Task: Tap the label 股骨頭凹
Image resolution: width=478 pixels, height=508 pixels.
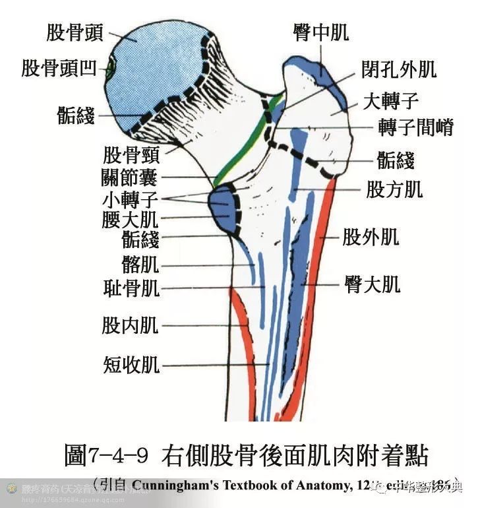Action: pos(59,68)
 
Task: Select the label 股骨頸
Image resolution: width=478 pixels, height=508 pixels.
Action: pos(132,156)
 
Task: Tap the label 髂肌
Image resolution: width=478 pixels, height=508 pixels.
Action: pos(140,265)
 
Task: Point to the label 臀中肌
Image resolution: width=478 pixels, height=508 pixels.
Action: pos(320,32)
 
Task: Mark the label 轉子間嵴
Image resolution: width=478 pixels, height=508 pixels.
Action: pos(416,127)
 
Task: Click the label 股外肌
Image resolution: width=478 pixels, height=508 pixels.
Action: pos(371,236)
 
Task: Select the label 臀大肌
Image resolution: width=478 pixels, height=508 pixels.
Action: pos(372,284)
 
